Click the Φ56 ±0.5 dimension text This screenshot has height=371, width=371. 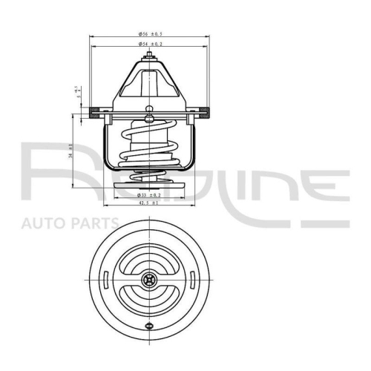point(150,34)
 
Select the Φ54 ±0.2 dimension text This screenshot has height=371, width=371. point(150,45)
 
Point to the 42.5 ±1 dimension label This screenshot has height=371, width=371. point(149,203)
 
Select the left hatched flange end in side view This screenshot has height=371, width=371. point(95,114)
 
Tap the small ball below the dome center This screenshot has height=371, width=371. point(150,109)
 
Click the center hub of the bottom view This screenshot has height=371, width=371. point(150,280)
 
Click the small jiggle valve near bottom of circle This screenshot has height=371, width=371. point(150,327)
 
